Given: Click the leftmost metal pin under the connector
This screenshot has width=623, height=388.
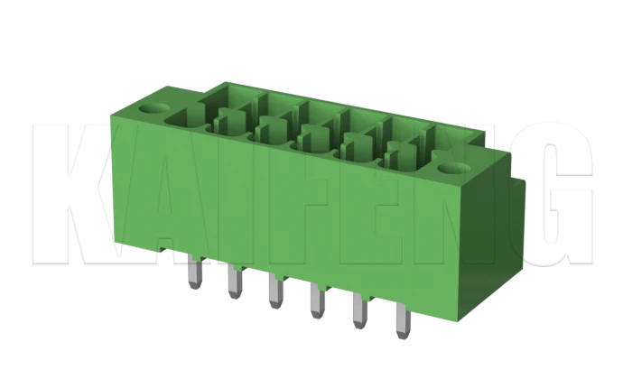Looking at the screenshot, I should pos(194,273).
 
